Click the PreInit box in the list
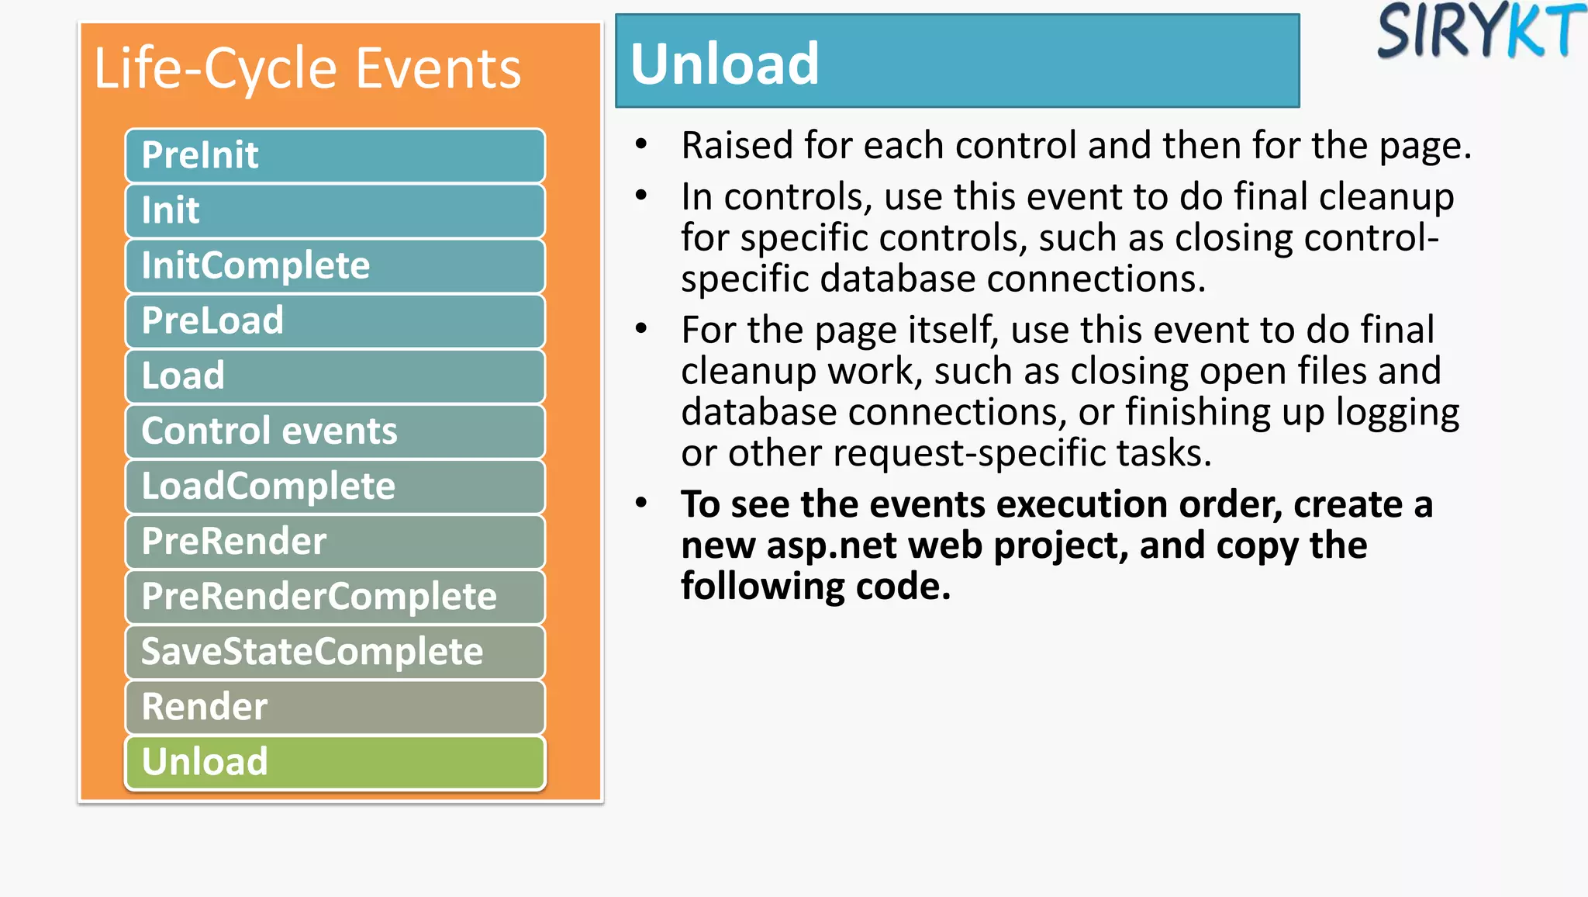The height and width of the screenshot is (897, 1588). point(334,155)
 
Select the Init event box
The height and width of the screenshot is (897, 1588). point(334,210)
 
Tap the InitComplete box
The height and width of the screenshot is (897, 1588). point(334,265)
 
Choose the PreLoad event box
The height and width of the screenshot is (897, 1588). point(334,320)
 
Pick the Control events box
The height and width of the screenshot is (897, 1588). point(334,431)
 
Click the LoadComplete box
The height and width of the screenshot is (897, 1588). point(334,486)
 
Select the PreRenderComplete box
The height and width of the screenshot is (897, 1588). point(334,596)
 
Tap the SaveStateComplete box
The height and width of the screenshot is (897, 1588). point(334,651)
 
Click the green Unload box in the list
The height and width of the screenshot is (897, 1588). point(334,761)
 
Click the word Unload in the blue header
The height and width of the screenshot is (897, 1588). point(724,64)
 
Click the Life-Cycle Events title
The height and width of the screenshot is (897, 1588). point(307,68)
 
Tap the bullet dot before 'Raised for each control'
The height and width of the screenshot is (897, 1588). point(640,144)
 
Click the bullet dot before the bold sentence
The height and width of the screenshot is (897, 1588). point(640,503)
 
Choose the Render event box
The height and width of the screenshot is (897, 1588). point(334,706)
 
